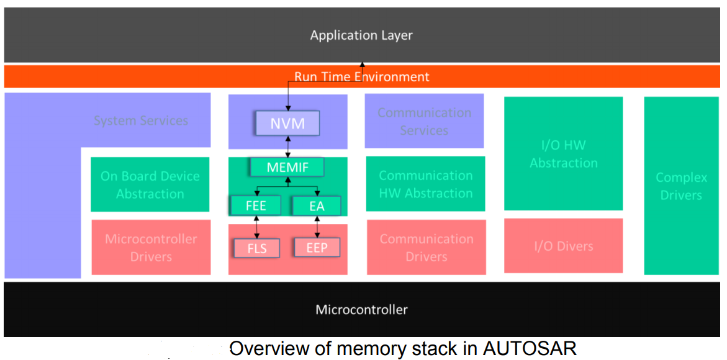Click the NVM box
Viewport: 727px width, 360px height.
point(287,124)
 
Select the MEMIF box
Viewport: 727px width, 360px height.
point(287,168)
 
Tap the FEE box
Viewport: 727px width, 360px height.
point(256,205)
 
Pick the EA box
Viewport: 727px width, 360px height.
point(317,205)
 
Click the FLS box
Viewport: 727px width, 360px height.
point(256,248)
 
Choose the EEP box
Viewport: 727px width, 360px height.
point(317,248)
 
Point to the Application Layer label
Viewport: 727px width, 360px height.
point(361,35)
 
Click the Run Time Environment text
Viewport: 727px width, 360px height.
point(361,77)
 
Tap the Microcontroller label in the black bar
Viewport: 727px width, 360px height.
point(361,309)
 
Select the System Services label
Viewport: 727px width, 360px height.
point(141,120)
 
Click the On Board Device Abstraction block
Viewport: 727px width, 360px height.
point(150,184)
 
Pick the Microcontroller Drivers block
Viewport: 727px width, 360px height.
point(151,247)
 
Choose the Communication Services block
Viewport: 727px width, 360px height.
point(424,121)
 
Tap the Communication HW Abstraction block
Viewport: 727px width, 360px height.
point(425,184)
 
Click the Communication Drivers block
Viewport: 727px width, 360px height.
point(426,247)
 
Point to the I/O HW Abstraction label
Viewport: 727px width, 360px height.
point(563,154)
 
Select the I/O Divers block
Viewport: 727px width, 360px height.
point(563,246)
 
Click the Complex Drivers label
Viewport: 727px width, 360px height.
point(681,186)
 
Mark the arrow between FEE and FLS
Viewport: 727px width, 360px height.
point(256,227)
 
